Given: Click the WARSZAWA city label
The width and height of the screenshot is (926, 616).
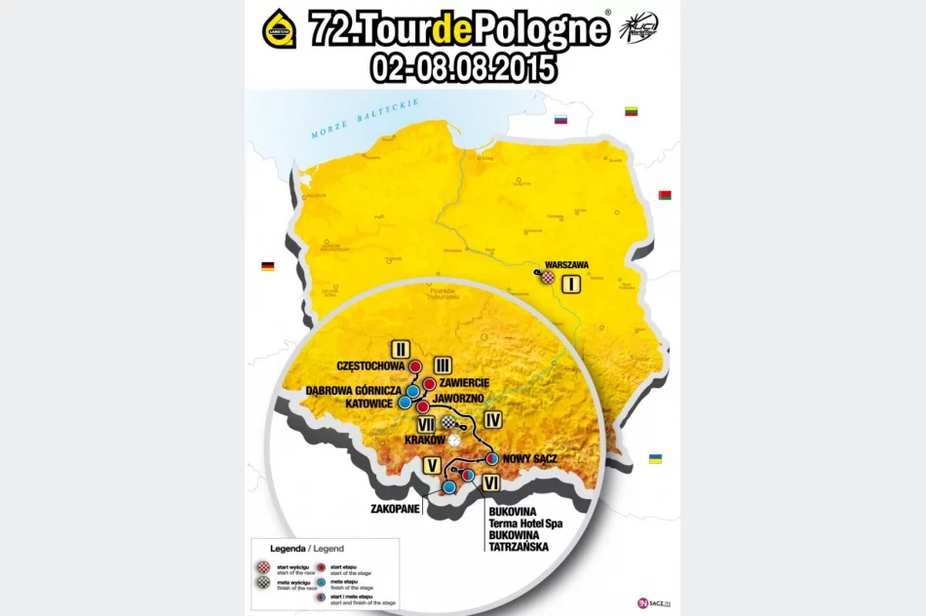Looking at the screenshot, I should [566, 264].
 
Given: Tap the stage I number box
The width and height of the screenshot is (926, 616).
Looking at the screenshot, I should [572, 285].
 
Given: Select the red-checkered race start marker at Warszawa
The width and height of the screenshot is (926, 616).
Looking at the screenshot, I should [549, 277].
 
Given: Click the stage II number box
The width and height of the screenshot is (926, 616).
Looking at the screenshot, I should [401, 348].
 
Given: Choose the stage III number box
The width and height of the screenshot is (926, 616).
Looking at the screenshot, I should [443, 365].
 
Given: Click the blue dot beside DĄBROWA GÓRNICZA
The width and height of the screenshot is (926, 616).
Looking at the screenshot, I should [413, 391].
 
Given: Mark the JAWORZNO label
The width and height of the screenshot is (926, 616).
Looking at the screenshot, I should [457, 399].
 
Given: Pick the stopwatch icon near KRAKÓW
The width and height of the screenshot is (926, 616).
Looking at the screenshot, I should [454, 441].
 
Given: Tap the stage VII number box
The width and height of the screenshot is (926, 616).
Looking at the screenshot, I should [425, 425].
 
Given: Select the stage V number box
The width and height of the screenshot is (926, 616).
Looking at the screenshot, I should [431, 466].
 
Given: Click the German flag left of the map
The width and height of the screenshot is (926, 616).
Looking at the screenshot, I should [267, 266].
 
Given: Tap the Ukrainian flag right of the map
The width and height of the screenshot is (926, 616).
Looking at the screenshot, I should [655, 458].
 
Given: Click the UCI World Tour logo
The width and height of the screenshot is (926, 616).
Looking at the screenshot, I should [639, 29].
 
